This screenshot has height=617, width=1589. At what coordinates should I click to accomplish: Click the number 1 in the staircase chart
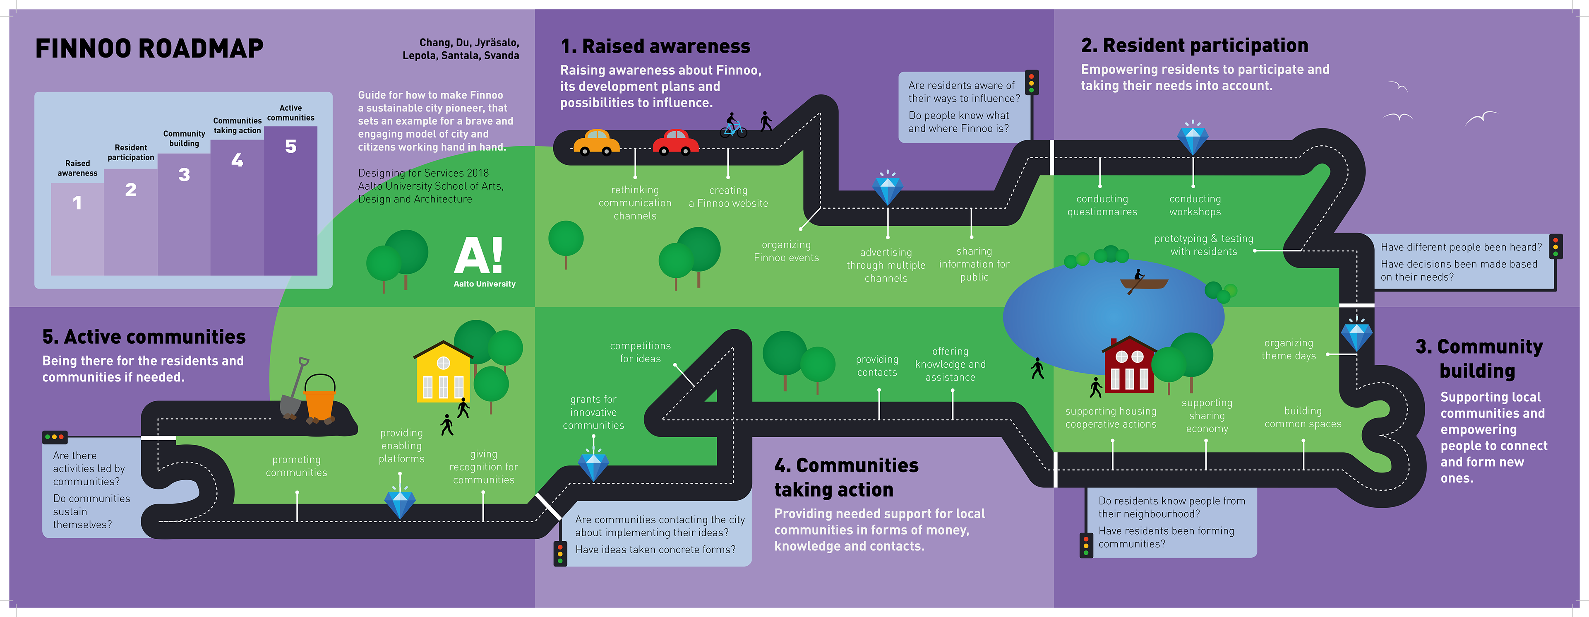(x=77, y=203)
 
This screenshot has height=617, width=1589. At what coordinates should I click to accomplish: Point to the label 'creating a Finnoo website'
(x=728, y=197)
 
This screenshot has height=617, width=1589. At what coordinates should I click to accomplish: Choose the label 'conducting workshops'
(x=1195, y=205)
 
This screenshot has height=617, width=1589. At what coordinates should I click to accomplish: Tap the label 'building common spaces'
(x=1303, y=417)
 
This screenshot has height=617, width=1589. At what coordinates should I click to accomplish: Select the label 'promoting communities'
(x=296, y=466)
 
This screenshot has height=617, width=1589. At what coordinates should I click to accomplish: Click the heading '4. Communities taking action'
(x=846, y=477)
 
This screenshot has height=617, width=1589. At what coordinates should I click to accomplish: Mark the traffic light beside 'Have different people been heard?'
(x=1556, y=247)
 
